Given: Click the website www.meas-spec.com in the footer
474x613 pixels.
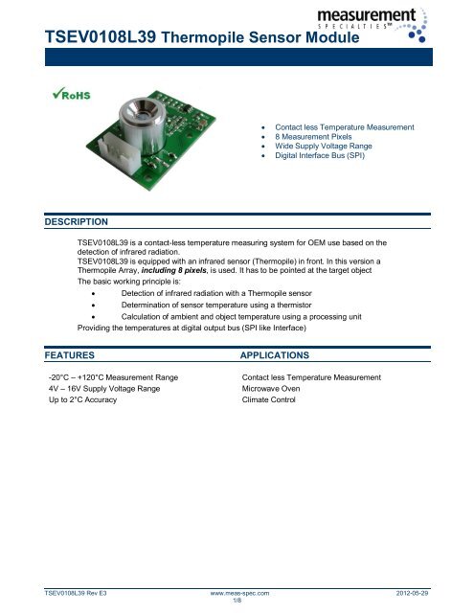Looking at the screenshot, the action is pos(238,595).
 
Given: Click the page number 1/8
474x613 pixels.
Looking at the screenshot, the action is pos(237,603).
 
